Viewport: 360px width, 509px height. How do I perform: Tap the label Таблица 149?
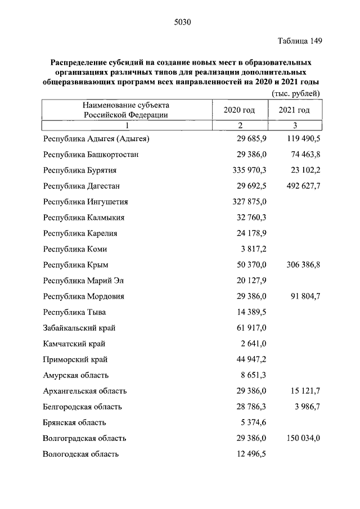pos(300,41)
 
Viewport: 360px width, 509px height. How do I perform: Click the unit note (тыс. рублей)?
pos(296,93)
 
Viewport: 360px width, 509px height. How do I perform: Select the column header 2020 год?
pos(240,110)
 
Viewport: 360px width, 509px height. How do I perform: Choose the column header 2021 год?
pos(294,110)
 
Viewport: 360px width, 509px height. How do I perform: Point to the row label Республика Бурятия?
pos(79,170)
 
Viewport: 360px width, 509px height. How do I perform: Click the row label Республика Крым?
pos(75,264)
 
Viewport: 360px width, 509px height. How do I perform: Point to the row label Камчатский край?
pos(74,344)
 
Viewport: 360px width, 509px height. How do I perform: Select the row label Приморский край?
pos(75,359)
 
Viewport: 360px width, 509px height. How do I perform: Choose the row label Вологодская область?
pos(80,454)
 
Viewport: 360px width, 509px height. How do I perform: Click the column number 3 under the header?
pos(295,125)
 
